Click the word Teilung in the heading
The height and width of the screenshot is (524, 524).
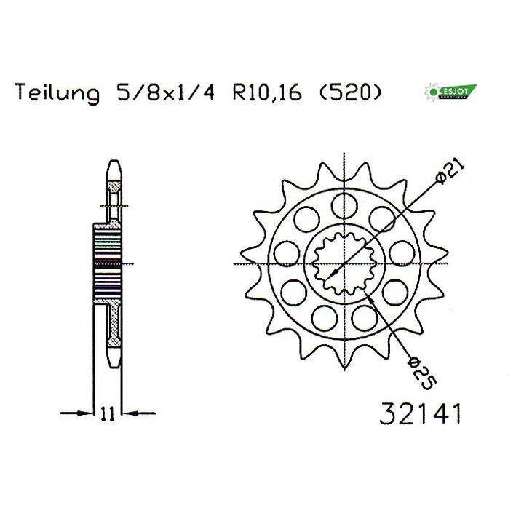[x=57, y=92]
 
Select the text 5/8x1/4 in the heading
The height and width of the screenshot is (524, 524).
[x=165, y=92]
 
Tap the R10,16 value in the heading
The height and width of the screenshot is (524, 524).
[x=267, y=92]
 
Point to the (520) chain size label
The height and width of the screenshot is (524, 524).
[x=350, y=92]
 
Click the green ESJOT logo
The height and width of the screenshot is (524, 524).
[x=450, y=92]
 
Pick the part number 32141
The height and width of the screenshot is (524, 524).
[x=421, y=413]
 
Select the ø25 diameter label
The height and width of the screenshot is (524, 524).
[x=422, y=373]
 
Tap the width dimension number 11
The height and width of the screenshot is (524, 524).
[x=107, y=413]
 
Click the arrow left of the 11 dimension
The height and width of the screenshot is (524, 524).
[x=76, y=413]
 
